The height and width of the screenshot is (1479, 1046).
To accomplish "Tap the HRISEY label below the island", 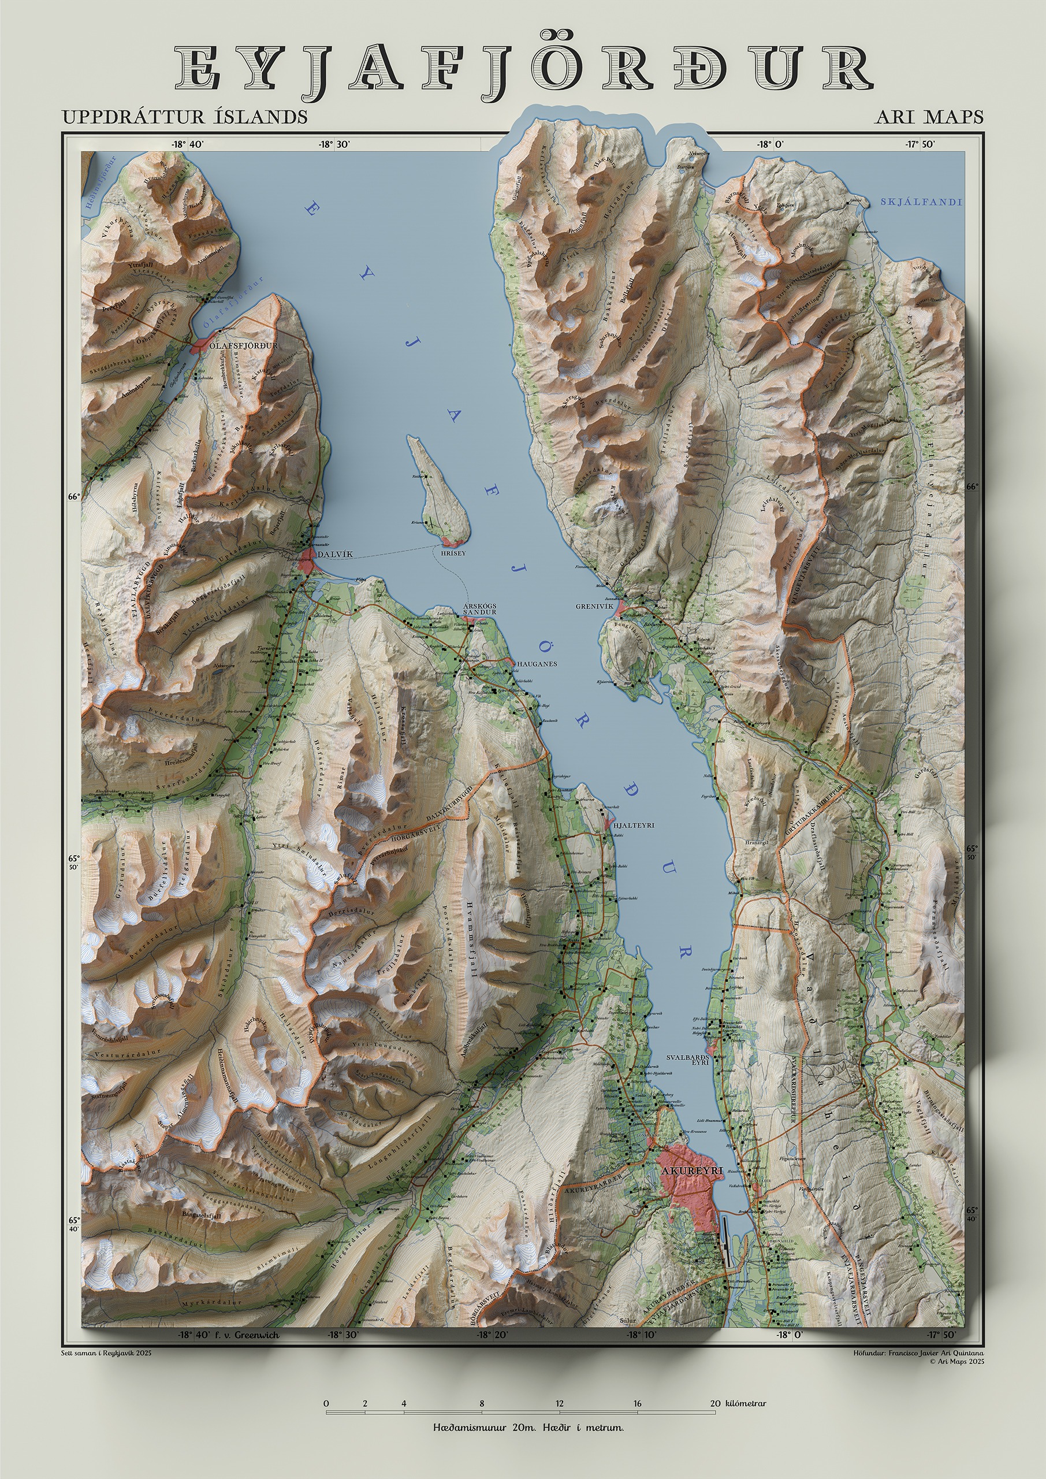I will tap(453, 553).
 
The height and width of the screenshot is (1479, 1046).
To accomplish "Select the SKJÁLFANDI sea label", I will tap(921, 202).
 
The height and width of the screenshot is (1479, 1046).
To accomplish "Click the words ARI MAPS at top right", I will tap(929, 117).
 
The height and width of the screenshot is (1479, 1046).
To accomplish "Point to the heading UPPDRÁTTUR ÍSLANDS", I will tap(184, 117).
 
